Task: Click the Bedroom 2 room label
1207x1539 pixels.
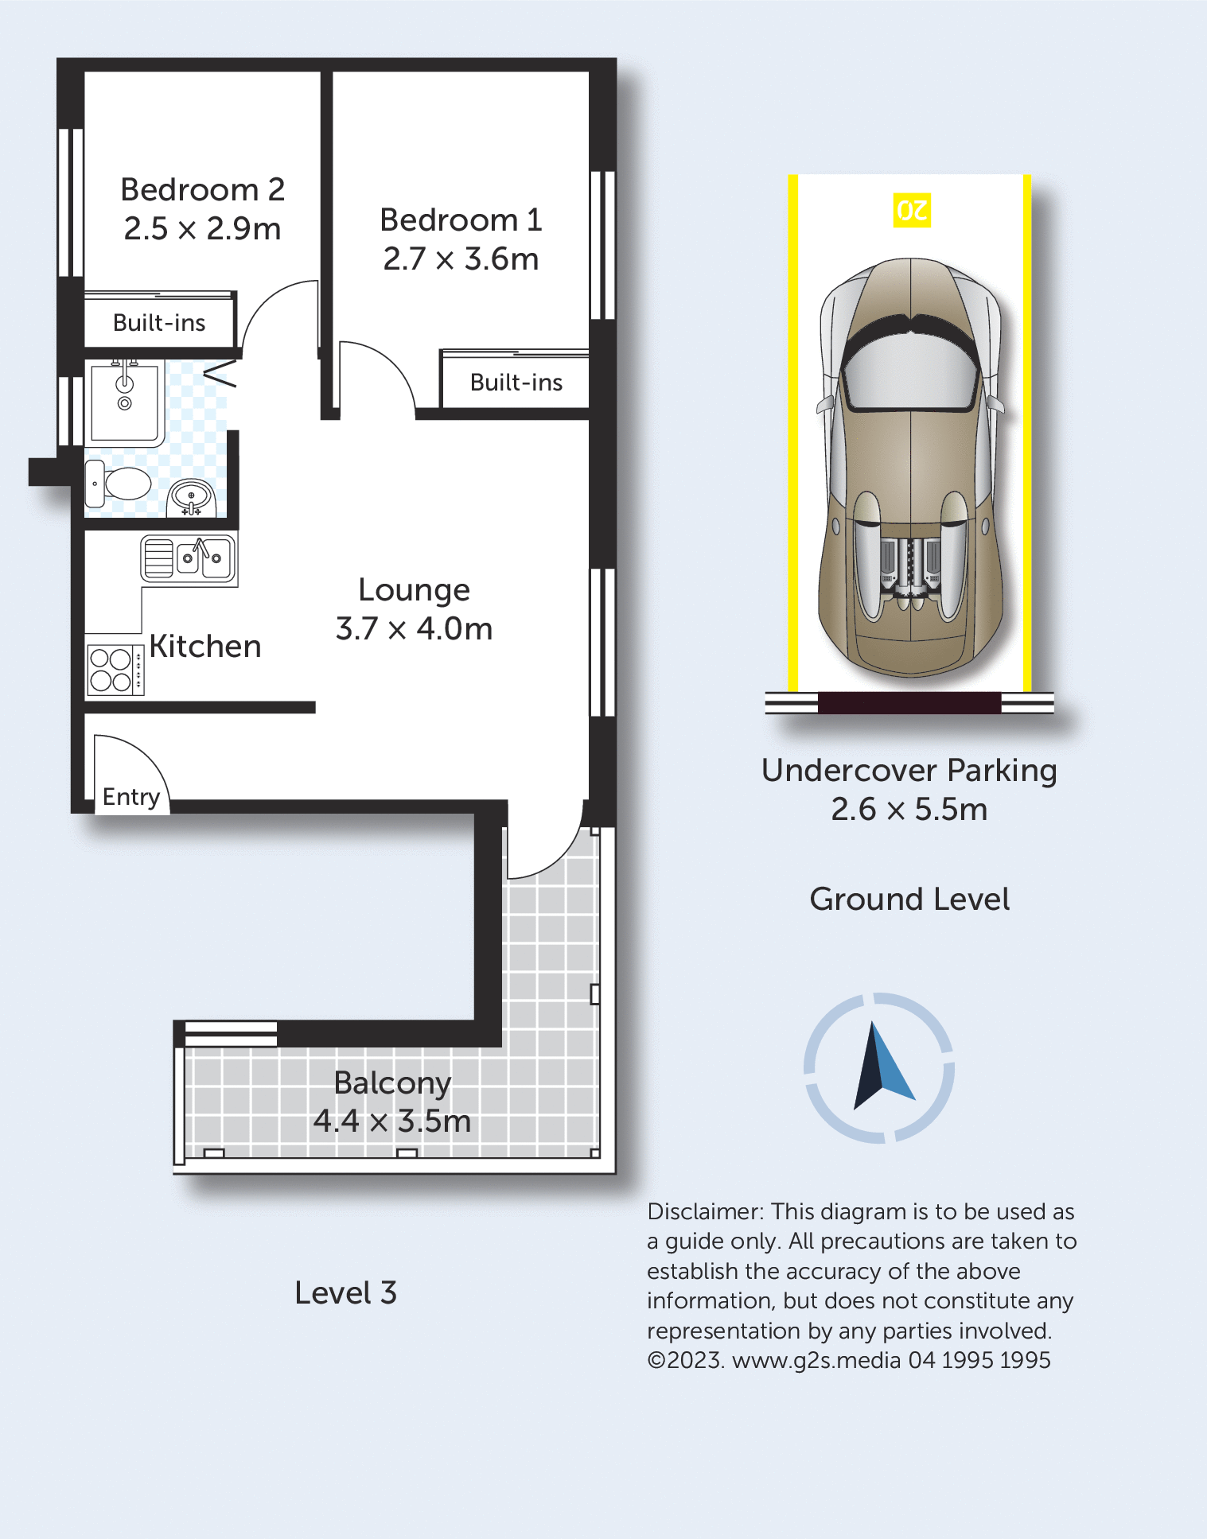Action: coord(202,190)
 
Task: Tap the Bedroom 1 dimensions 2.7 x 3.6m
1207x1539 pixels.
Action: coord(461,259)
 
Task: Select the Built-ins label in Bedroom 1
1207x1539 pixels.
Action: coord(516,383)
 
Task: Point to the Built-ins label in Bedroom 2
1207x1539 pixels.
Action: coord(159,323)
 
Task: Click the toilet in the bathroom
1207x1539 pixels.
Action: coord(118,483)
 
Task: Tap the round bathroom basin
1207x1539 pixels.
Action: coord(191,498)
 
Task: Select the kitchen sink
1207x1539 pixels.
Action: coord(189,558)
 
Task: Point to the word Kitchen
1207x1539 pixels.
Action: coord(205,647)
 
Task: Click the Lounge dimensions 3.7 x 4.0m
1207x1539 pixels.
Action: coord(414,629)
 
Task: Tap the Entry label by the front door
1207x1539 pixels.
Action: coord(131,797)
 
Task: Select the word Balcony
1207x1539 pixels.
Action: coord(392,1083)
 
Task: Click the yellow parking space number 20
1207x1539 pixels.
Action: coord(912,211)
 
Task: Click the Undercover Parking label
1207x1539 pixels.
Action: coord(909,771)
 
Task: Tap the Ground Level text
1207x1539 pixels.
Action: coord(909,900)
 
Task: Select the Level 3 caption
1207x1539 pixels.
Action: coord(345,1293)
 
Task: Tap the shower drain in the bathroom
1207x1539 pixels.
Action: coord(124,403)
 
